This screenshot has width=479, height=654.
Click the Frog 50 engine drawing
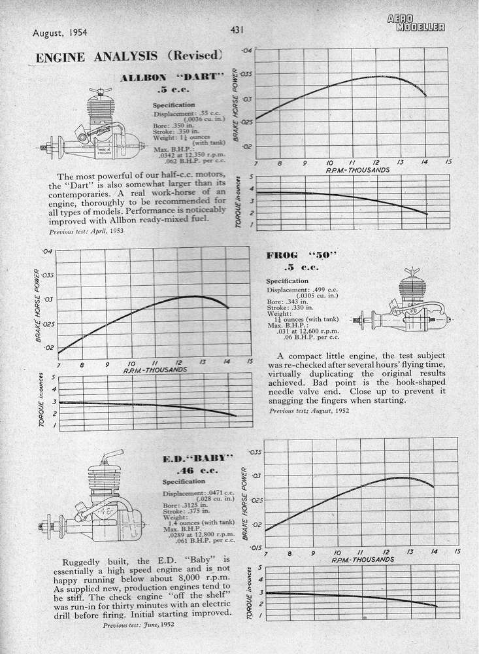[403, 309]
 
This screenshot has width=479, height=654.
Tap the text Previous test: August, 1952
[309, 411]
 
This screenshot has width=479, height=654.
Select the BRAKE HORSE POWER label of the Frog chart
[39, 303]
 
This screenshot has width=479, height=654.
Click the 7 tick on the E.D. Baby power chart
[267, 553]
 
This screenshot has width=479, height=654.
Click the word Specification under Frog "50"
[287, 281]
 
